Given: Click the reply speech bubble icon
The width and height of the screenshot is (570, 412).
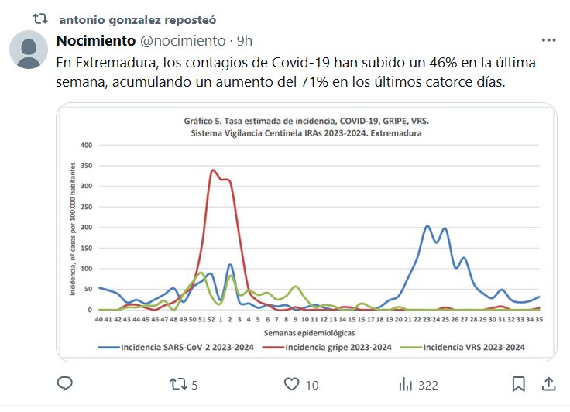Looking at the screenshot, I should coord(65,383).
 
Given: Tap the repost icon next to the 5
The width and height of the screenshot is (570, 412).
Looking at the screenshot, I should coord(178,383).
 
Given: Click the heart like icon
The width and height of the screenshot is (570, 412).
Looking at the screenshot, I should coord(291,383).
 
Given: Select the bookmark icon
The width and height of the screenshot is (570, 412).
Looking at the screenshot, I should coord(519,383).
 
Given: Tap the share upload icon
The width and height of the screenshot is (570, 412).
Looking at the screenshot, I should coord(548,383).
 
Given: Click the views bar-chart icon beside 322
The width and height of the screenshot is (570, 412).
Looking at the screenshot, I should coord(405,383).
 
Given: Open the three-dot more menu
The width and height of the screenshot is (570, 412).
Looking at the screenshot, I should coord(548,40).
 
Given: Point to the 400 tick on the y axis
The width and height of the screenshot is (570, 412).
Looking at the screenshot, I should coord(85,145).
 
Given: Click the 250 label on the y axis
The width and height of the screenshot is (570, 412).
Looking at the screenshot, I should coord(85,207).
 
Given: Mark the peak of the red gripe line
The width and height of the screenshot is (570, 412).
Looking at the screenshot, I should coord(213,170).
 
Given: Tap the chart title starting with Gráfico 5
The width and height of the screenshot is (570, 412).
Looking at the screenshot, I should coord(317,122).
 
